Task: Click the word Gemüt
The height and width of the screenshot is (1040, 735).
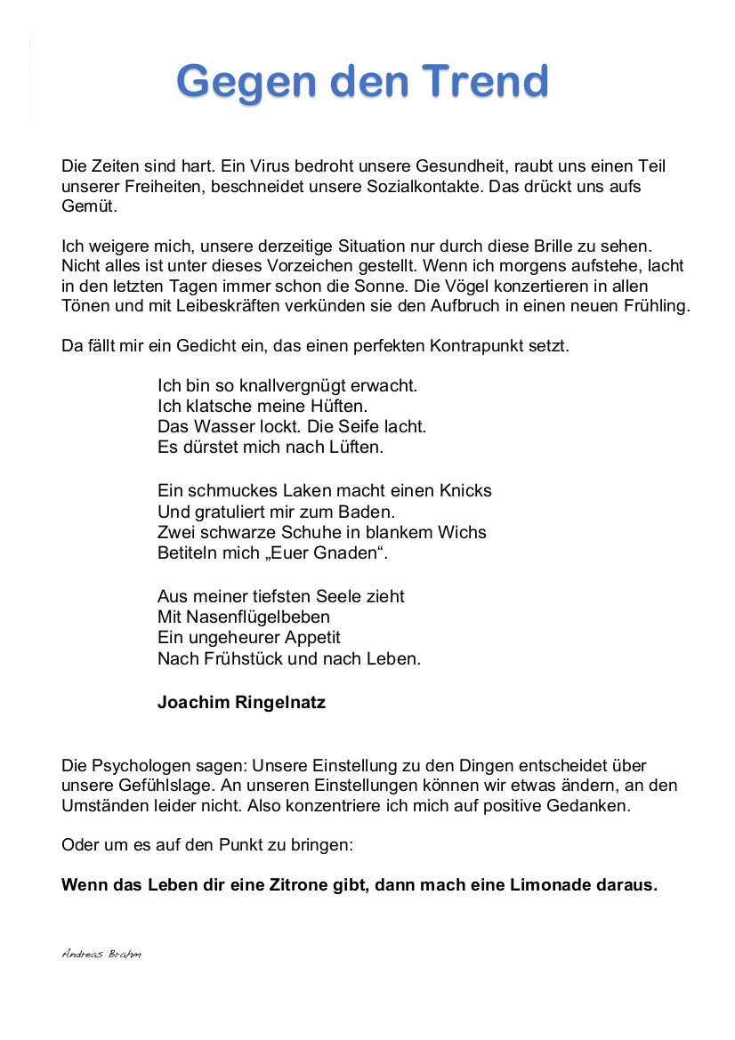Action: [x=89, y=206]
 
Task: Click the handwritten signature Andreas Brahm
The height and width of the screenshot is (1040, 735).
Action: [x=101, y=954]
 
